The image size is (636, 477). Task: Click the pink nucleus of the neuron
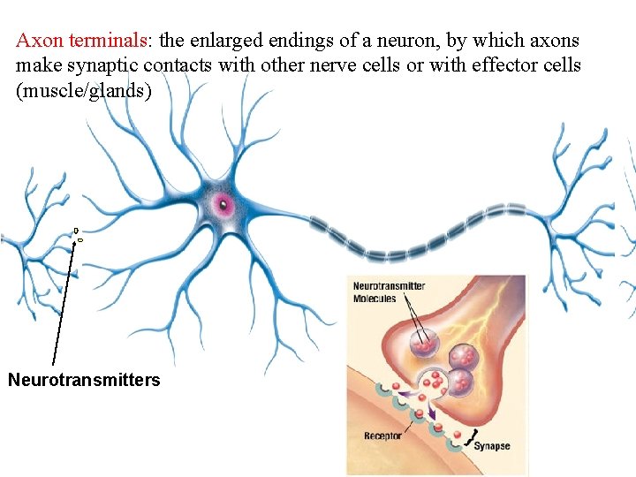223,207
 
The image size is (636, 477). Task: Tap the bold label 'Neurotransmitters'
84,380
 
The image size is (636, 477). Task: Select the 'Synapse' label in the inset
492,446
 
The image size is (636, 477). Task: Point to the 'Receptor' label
382,435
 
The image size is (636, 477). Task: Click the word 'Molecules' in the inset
375,299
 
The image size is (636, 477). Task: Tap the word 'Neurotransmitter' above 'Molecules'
389,286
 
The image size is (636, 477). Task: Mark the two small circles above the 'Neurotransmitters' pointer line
78,234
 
